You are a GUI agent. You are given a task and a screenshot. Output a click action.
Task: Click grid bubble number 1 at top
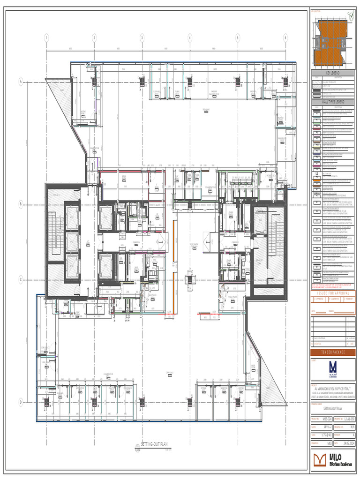[46, 37]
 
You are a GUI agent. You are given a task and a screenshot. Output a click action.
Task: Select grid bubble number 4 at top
[190, 37]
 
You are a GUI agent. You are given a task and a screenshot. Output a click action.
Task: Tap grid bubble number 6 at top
[285, 37]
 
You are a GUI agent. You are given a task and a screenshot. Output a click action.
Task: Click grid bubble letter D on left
[21, 402]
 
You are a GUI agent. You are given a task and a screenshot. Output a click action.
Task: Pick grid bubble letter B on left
[21, 204]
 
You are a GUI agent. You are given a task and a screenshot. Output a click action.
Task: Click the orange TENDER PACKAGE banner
[333, 352]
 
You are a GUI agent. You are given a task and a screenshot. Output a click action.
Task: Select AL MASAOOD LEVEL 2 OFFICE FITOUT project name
[333, 389]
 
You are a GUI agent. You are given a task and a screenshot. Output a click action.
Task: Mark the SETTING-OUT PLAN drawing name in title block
[333, 408]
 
